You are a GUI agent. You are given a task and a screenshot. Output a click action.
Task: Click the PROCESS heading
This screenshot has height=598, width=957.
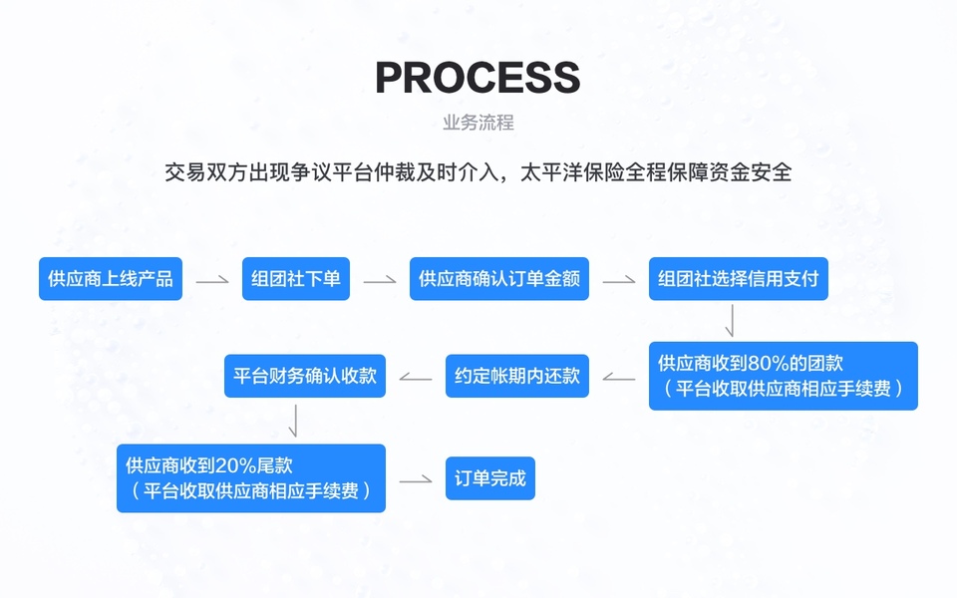click(x=478, y=78)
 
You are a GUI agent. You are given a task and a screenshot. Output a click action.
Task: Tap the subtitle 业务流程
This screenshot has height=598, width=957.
click(x=478, y=124)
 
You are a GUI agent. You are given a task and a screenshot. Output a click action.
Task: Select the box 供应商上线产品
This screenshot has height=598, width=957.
click(x=111, y=279)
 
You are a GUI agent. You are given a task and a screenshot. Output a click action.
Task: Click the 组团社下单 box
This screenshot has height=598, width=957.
click(x=296, y=279)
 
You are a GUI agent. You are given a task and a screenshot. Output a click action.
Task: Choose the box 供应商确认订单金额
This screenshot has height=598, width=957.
click(x=499, y=279)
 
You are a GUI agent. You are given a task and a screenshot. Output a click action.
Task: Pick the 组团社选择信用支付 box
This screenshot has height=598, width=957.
click(x=739, y=279)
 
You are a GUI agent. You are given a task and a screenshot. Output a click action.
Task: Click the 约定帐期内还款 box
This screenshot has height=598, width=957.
click(x=517, y=376)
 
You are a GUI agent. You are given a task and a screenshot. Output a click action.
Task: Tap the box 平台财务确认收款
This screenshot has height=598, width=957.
click(x=305, y=376)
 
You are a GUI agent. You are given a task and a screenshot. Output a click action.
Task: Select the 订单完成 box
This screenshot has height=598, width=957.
click(x=489, y=478)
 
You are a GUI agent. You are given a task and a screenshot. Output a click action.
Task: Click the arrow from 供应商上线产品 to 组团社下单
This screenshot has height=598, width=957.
click(x=212, y=281)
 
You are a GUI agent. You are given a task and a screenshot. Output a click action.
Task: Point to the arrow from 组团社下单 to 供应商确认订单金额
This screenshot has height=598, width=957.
click(x=380, y=281)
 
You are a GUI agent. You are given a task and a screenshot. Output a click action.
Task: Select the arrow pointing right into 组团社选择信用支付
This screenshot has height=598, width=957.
click(x=619, y=281)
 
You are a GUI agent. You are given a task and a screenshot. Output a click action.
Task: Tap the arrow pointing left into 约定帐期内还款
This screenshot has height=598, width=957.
click(x=619, y=378)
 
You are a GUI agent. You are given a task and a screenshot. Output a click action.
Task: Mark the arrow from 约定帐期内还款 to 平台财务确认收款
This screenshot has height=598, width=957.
click(x=415, y=378)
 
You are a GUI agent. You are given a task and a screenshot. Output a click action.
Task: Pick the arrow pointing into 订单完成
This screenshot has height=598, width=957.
click(x=416, y=480)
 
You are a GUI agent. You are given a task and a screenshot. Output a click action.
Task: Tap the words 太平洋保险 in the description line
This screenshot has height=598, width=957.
click(x=566, y=171)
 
